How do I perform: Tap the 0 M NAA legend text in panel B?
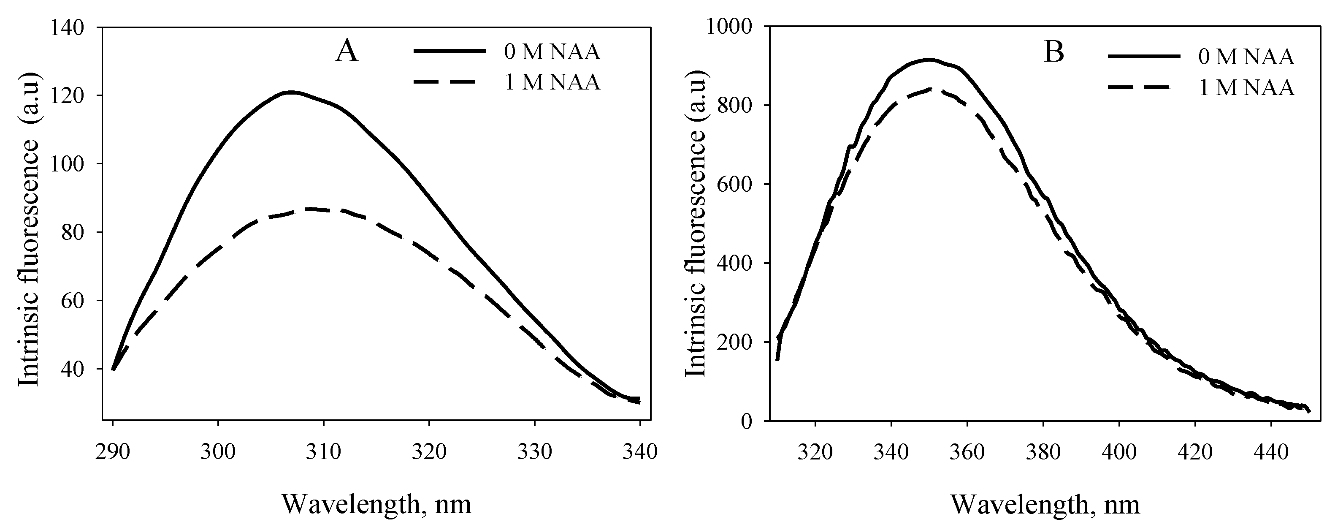tap(1246, 57)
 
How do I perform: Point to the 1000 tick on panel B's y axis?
tap(731, 27)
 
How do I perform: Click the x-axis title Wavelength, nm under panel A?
tap(377, 504)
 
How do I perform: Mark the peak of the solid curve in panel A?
tap(291, 92)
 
